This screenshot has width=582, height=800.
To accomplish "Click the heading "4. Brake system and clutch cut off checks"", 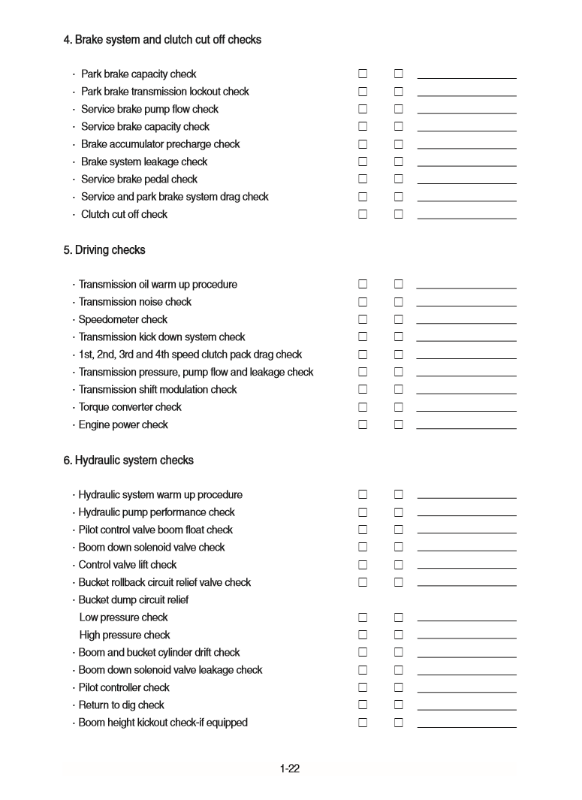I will tap(162, 40).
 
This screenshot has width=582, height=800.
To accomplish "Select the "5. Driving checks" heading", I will tap(104, 250).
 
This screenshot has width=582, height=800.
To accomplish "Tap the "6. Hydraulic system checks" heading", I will tap(128, 460).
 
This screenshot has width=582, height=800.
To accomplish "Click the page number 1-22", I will tap(290, 768).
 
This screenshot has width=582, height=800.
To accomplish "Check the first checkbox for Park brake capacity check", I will tap(363, 74).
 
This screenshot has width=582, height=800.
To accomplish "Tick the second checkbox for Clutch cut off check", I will tap(399, 214).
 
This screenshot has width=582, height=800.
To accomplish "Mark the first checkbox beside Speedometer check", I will tap(363, 319).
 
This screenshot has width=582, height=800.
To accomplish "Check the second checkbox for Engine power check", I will tap(399, 424).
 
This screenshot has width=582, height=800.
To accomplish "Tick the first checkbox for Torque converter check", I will tap(363, 407).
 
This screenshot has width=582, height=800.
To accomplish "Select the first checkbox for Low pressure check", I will tap(363, 617).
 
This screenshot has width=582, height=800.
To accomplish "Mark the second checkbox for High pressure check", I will tap(399, 635).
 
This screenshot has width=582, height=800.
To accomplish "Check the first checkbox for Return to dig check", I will tap(363, 705).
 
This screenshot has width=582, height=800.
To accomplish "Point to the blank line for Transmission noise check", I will tap(466, 305).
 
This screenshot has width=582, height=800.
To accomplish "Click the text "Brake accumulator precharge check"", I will tap(160, 144).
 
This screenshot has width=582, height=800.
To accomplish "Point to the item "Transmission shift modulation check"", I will tap(158, 390).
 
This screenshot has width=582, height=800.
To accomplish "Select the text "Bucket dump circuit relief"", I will tap(134, 600).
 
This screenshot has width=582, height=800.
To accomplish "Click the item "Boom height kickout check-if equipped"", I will tap(163, 723).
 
